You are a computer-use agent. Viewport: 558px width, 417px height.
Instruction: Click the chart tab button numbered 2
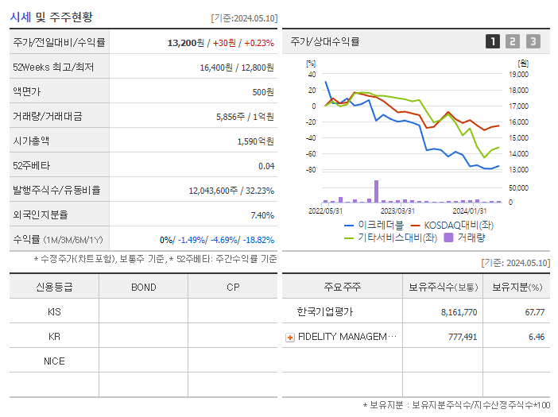[x=513, y=41]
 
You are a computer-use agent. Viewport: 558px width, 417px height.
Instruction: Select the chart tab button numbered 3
[x=533, y=41]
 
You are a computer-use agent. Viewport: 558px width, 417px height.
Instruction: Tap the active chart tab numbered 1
[x=493, y=41]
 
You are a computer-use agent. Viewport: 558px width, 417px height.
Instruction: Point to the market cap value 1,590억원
[x=256, y=141]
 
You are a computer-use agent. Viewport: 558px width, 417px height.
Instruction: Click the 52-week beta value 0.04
[x=266, y=165]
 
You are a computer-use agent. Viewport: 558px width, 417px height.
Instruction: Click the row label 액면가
[x=26, y=91]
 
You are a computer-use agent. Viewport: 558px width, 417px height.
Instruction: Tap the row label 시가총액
[x=31, y=141]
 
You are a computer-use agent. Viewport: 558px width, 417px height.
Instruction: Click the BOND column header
[x=143, y=287]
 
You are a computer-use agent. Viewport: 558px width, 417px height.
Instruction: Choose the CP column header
[x=233, y=287]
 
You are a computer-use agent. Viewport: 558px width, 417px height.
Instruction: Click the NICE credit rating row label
[x=54, y=361]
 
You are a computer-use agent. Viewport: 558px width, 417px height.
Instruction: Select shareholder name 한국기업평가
[x=324, y=312]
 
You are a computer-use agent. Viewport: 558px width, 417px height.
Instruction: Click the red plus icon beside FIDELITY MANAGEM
[x=290, y=337]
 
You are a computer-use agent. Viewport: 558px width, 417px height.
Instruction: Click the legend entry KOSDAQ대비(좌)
[x=450, y=225]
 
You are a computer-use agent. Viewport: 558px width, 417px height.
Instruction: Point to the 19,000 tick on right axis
[x=518, y=74]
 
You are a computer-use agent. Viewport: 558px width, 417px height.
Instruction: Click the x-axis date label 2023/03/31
[x=397, y=210]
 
